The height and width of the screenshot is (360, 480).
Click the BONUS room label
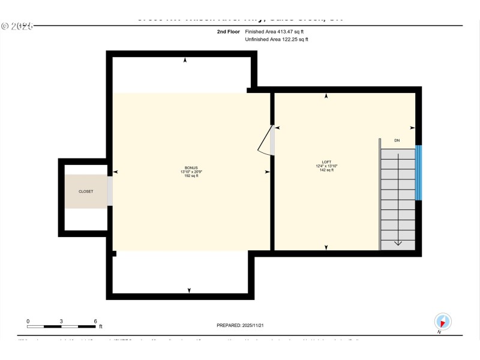[191, 167]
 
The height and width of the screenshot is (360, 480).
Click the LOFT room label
[326, 162]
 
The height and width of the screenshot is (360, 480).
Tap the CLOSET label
[86, 191]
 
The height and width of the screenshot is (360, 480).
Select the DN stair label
[397, 140]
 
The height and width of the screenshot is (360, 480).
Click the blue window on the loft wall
[419, 172]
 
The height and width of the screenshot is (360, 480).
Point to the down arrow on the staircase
[397, 242]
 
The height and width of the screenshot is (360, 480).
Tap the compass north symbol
[442, 322]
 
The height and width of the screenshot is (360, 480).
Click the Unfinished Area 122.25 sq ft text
[277, 39]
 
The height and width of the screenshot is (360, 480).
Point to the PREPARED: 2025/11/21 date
[239, 325]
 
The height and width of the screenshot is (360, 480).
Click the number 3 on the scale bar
[61, 321]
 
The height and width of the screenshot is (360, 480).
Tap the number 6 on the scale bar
[95, 321]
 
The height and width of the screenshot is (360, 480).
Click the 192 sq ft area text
[191, 176]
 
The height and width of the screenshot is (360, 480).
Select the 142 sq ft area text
[326, 170]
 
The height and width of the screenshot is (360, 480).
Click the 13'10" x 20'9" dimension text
[191, 172]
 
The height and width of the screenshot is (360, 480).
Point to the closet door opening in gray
[110, 191]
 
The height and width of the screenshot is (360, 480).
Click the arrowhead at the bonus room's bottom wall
[189, 290]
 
